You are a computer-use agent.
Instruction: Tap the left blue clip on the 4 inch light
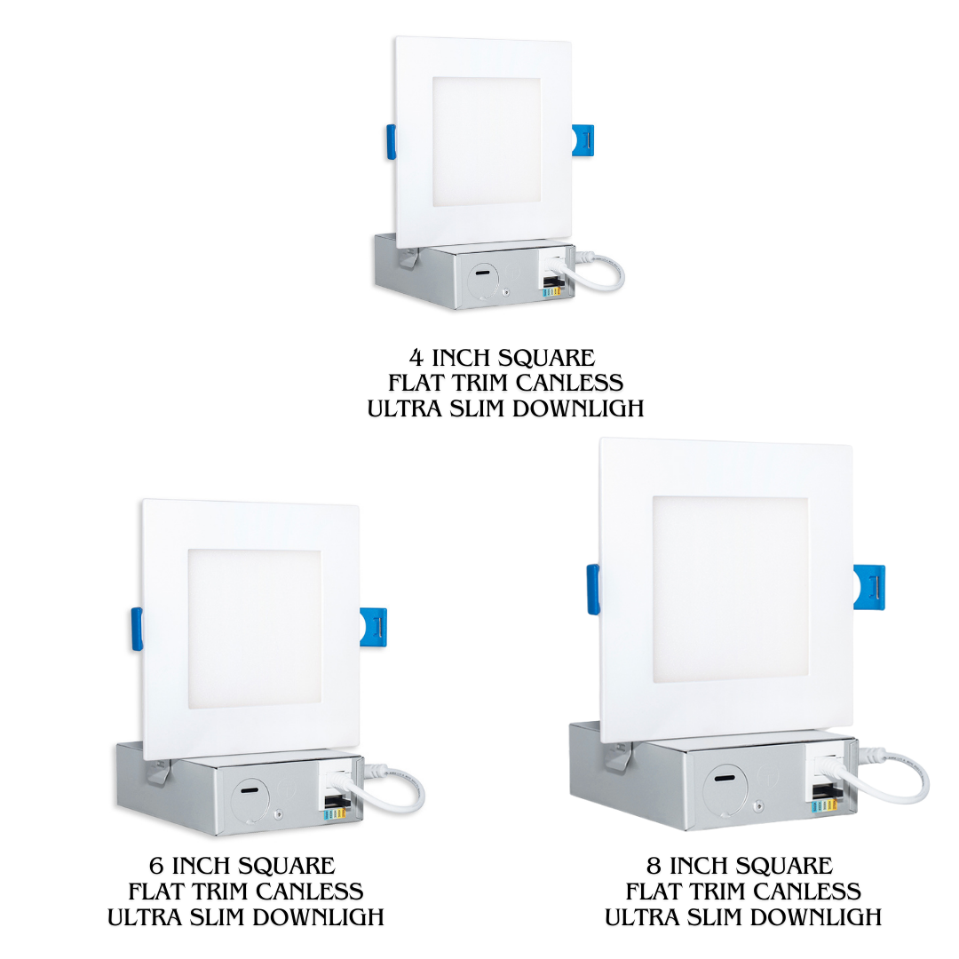pos(391,142)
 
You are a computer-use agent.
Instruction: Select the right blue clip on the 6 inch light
pos(373,627)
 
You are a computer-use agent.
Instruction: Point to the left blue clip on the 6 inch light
pos(137,629)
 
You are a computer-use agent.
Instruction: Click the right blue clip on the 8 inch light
pos(869,587)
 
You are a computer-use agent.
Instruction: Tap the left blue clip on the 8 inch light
pos(593,589)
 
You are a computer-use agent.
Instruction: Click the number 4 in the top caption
pos(416,357)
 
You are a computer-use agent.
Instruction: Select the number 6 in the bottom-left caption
pos(156,866)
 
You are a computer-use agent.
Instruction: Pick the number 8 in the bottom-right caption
pos(654,866)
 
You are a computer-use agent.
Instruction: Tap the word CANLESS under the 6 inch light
pos(310,892)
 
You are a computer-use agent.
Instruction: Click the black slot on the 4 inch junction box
pos(482,272)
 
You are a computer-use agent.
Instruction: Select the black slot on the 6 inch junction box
pos(250,789)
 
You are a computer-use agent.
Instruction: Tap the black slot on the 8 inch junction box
pos(725,779)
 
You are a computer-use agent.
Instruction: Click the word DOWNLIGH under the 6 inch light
pos(318,916)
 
